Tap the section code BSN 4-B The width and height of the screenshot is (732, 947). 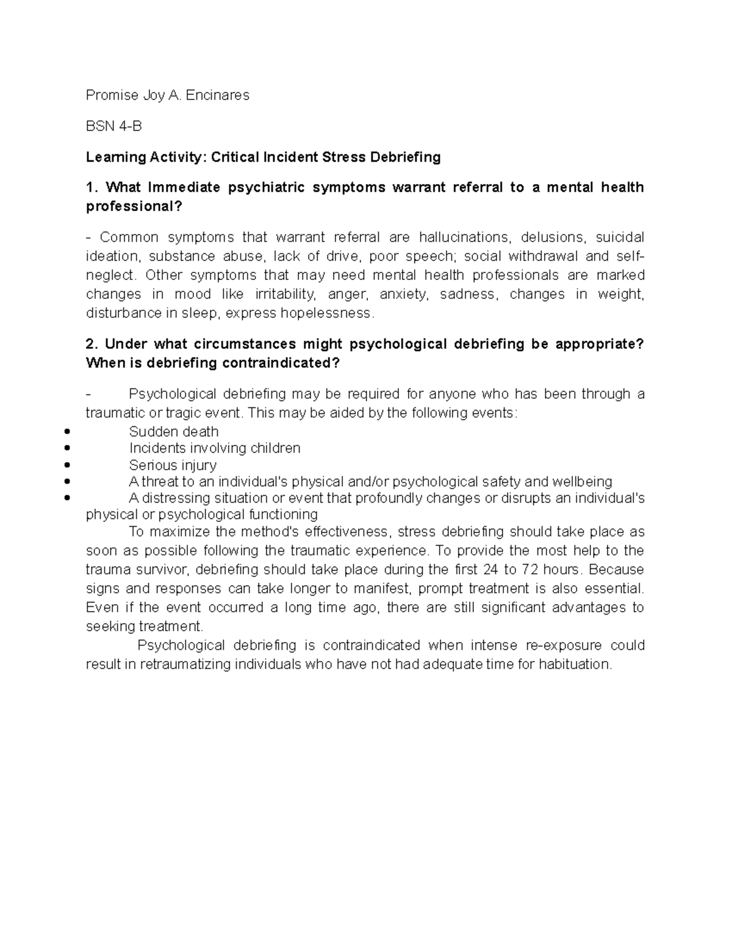(113, 126)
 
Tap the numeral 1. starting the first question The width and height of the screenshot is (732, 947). (92, 187)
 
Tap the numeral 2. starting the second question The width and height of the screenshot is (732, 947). (92, 344)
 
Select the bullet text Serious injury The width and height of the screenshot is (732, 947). (173, 465)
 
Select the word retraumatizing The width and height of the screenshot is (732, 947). (185, 664)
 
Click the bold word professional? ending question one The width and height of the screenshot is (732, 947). (134, 207)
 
